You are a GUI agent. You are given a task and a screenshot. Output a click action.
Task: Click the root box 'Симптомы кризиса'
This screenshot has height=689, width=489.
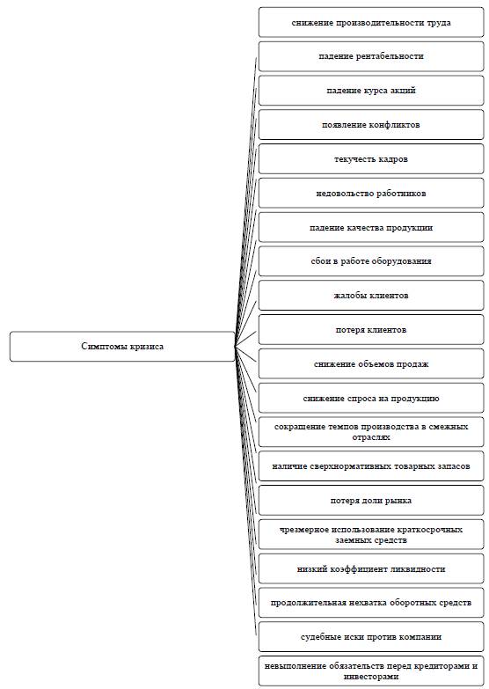tap(122, 346)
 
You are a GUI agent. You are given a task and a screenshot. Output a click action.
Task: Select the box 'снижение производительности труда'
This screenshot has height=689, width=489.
tap(371, 22)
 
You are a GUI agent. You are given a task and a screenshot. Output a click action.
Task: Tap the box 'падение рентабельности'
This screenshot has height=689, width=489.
tap(371, 56)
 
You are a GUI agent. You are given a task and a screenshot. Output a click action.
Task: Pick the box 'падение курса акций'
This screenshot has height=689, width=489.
tap(371, 91)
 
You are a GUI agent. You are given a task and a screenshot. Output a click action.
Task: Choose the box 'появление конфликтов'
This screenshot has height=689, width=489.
tap(371, 125)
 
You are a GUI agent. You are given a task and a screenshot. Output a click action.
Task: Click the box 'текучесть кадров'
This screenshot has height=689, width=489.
tap(371, 159)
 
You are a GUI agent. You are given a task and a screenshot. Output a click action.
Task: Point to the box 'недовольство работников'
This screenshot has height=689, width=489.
tap(371, 194)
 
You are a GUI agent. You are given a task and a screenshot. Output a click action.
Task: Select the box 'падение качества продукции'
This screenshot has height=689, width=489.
tap(371, 228)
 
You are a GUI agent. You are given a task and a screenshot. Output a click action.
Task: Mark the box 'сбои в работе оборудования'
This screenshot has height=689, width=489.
tap(371, 261)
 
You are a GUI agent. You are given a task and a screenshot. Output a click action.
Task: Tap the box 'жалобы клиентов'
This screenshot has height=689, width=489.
tap(371, 296)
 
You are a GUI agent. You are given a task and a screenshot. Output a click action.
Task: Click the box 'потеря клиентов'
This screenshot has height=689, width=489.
tap(371, 330)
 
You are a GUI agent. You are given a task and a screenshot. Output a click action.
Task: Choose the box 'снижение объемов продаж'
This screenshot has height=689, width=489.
tap(371, 364)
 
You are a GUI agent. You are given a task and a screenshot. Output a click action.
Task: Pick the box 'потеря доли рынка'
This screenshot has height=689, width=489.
tap(371, 501)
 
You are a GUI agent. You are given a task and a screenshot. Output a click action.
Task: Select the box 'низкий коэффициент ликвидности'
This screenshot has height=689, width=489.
tap(371, 569)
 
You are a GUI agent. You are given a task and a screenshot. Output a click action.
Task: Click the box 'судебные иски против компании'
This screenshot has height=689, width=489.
tap(371, 637)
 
